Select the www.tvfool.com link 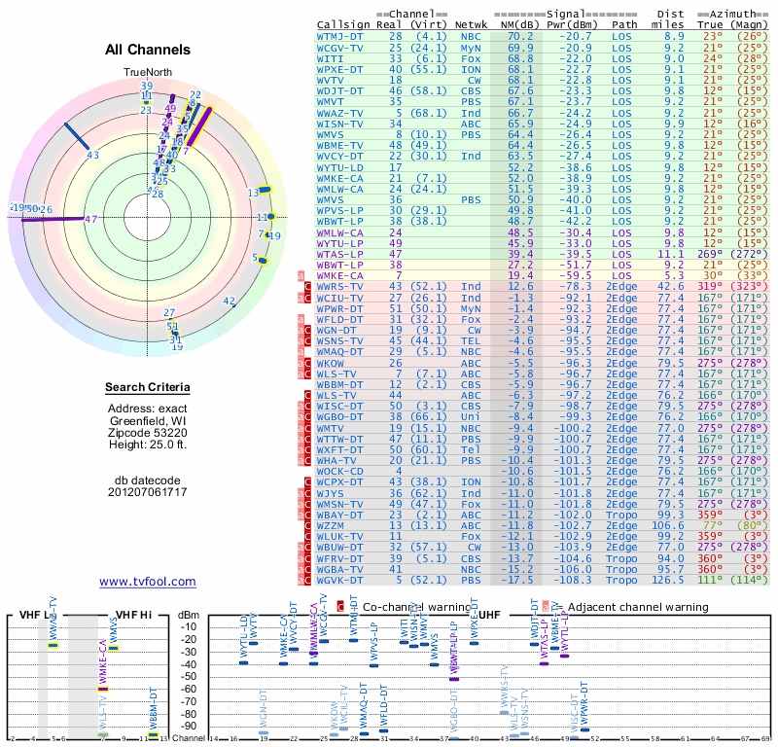coord(148,582)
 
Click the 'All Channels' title coord(148,50)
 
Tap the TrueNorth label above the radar coord(147,73)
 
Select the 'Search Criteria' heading coord(148,388)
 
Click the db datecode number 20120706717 coord(148,492)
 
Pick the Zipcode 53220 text coord(148,433)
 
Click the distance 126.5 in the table coord(667,580)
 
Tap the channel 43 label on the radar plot coord(93,155)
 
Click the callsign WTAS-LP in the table coord(340,253)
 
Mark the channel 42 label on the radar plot coord(229,302)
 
